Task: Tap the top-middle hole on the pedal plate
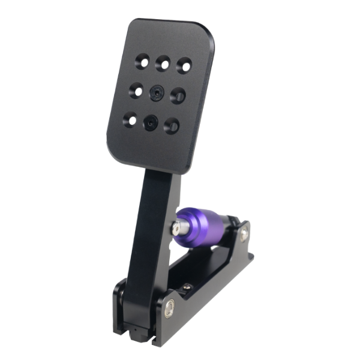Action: click(x=162, y=61)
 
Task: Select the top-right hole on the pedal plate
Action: click(x=183, y=63)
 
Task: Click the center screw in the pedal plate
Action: click(x=157, y=92)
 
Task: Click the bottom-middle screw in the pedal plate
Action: click(x=149, y=122)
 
